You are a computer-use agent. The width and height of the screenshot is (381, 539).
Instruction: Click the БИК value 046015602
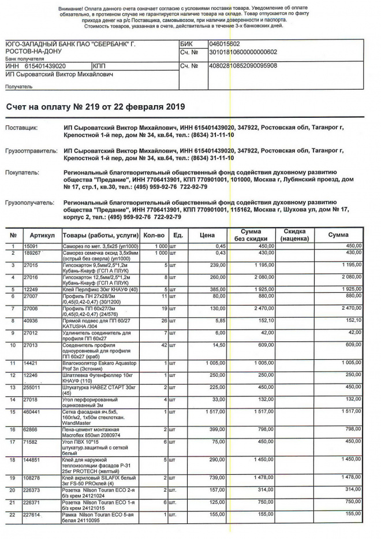pos(225,44)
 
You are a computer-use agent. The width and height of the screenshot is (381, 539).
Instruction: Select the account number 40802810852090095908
pos(243,66)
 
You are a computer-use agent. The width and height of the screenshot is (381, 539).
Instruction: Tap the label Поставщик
pos(21,126)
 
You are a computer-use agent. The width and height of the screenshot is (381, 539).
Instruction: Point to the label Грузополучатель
pos(29,203)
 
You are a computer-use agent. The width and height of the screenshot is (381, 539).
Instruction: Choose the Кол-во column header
pos(154,235)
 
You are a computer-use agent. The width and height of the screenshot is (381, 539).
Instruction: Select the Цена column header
pos(207,235)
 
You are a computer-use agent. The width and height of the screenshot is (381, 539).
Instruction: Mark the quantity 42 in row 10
pos(163,345)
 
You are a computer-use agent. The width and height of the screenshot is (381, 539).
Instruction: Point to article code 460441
pos(32,411)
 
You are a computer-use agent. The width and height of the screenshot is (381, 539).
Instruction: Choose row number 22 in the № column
pos(13,514)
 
